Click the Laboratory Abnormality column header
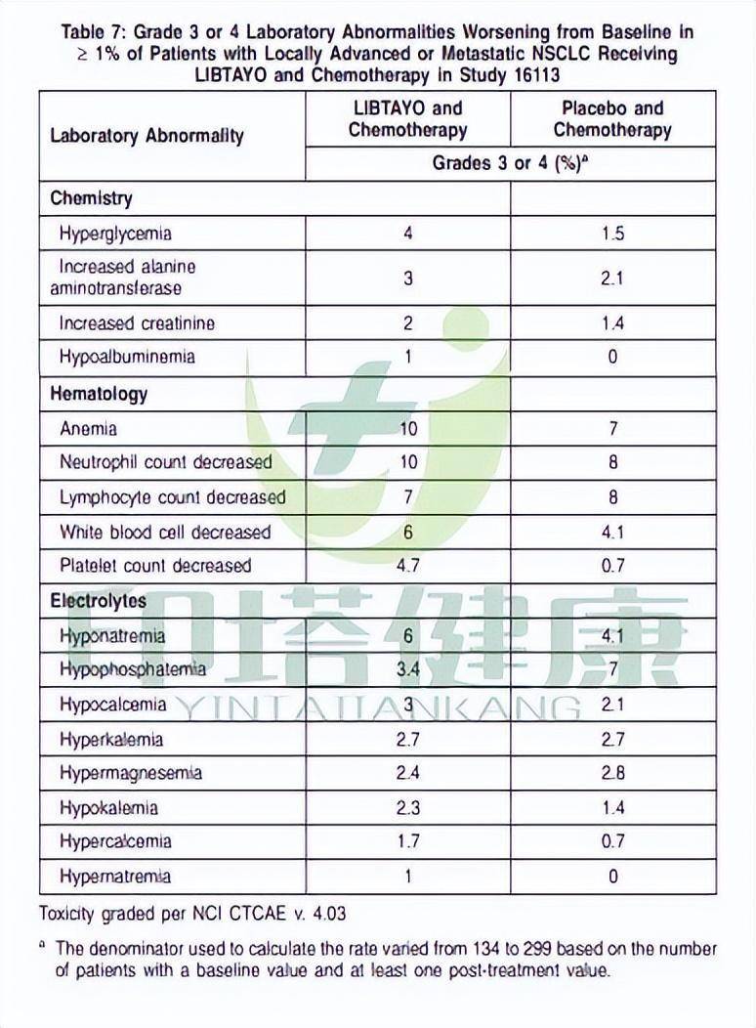coord(147,136)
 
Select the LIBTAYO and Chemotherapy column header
coord(407,119)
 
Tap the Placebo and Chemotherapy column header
coord(612,119)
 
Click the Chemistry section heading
coord(91,198)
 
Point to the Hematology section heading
coord(99,394)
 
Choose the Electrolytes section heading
coord(98,601)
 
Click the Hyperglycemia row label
coord(115,234)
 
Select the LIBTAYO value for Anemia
coord(408,428)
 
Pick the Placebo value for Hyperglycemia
coord(612,234)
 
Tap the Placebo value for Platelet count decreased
coord(612,566)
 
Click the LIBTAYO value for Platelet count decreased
coord(408,566)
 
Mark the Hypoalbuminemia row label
coord(127,357)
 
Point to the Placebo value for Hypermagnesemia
coord(612,773)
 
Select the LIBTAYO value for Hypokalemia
coord(408,808)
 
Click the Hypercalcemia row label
coord(115,841)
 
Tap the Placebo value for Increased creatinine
coord(612,323)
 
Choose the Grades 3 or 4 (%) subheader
coord(508,163)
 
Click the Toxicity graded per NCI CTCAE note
coord(192,915)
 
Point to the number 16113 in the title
coord(534,74)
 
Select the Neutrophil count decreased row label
coord(165,462)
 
